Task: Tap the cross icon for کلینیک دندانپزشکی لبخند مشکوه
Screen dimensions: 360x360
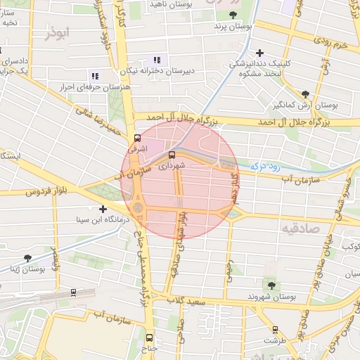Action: pyautogui.click(x=260, y=53)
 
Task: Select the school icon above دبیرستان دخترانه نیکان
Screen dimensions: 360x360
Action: pyautogui.click(x=157, y=60)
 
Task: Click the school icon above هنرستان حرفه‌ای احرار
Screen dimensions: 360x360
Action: pyautogui.click(x=95, y=75)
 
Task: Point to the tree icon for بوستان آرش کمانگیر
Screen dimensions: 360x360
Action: pyautogui.click(x=304, y=94)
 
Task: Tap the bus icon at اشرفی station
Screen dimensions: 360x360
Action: pyautogui.click(x=136, y=139)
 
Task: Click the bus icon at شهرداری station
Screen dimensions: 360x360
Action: pyautogui.click(x=172, y=155)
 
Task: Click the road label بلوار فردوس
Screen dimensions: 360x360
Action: pyautogui.click(x=51, y=191)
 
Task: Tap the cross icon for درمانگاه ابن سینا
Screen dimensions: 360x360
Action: pyautogui.click(x=103, y=209)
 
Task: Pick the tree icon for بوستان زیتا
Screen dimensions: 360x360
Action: pyautogui.click(x=27, y=258)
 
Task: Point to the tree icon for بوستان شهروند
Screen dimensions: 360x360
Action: pyautogui.click(x=271, y=285)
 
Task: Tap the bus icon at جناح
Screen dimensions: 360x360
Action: pyautogui.click(x=148, y=337)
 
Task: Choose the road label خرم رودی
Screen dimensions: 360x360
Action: pyautogui.click(x=331, y=44)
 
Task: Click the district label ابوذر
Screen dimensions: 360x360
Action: pyautogui.click(x=58, y=33)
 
